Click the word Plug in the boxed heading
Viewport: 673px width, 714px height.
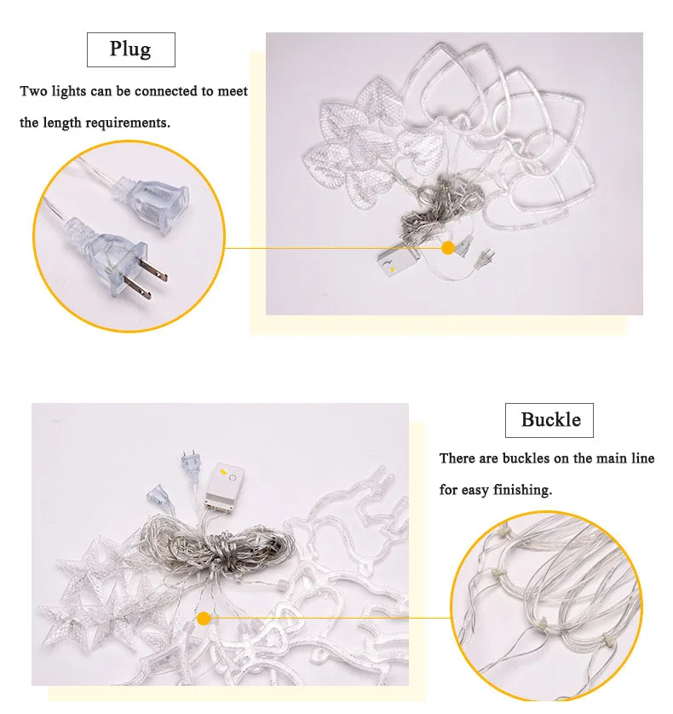point(130,49)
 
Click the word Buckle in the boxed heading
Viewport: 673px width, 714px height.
point(550,419)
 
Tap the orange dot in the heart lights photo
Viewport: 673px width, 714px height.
point(448,248)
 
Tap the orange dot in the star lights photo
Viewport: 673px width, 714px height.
point(204,619)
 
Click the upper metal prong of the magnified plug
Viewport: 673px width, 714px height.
point(153,270)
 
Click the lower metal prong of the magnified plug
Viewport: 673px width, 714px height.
point(137,287)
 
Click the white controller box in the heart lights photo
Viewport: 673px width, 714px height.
point(397,262)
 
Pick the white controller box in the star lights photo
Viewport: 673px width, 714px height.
point(225,485)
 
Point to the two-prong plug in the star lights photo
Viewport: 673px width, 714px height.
point(191,467)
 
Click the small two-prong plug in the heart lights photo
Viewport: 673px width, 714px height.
point(485,259)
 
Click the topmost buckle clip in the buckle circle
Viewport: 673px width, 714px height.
point(503,532)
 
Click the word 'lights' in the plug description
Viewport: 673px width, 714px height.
point(68,91)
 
